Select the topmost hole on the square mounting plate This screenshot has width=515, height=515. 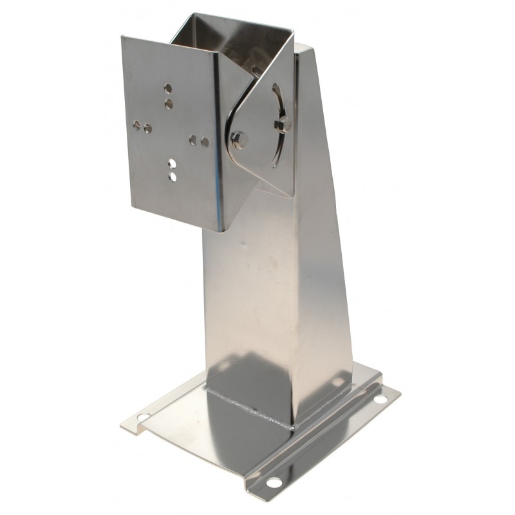168,87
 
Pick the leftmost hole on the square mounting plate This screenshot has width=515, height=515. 136,124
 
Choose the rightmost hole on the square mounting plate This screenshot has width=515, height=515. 205,141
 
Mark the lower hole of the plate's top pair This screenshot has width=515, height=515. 169,103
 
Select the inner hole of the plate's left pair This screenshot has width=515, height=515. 147,128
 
